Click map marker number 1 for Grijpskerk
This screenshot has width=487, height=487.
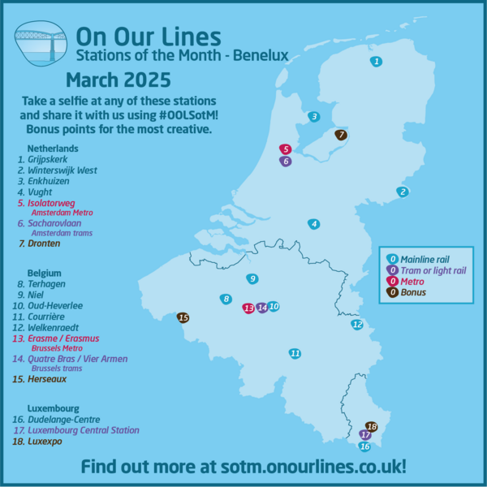click(x=376, y=62)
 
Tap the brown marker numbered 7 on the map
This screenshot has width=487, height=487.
click(x=341, y=135)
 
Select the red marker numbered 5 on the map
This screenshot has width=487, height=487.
click(x=285, y=149)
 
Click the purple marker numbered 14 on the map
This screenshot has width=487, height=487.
click(x=261, y=308)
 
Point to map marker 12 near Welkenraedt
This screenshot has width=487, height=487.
click(x=357, y=325)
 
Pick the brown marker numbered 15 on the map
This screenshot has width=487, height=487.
click(x=183, y=317)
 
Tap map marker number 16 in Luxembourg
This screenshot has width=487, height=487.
click(x=364, y=446)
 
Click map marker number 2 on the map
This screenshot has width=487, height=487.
click(x=402, y=192)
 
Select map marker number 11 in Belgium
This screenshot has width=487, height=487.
click(x=295, y=353)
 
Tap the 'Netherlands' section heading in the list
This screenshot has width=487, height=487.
click(x=53, y=149)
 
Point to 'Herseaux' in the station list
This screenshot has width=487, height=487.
click(x=47, y=378)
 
